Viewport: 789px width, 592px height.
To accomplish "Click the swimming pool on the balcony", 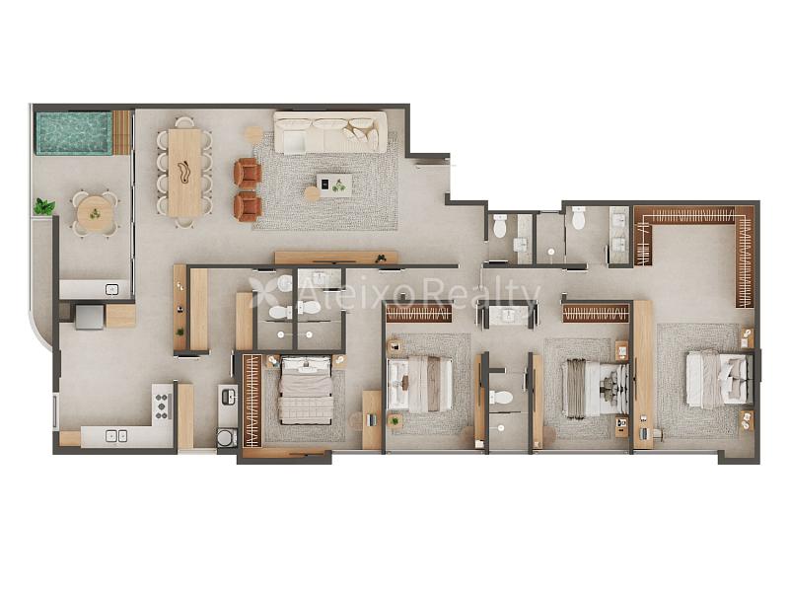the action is tap(73, 133).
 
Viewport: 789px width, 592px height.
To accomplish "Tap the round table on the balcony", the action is tap(95, 214).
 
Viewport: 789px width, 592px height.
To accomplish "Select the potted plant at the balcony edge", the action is tap(43, 206).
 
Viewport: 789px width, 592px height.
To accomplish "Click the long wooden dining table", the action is tap(184, 172).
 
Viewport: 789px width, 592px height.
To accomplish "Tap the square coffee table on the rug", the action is tap(334, 185).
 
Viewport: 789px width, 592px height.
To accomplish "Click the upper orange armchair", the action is tap(248, 174).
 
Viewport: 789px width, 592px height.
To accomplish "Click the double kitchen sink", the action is tap(116, 436).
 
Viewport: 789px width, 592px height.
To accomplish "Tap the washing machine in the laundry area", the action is tap(227, 437).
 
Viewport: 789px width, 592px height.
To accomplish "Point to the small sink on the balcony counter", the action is tap(111, 289).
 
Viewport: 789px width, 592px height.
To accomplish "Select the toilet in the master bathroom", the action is tap(579, 217).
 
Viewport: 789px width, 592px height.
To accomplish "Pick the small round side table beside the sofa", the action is tap(253, 134).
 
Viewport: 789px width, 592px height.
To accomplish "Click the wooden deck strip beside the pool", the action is tap(121, 133).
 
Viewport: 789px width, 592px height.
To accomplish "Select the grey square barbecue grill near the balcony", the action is tap(90, 317).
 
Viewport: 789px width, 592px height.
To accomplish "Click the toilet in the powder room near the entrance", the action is tap(500, 226).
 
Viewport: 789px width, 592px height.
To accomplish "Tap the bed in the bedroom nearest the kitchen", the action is tap(306, 391).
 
